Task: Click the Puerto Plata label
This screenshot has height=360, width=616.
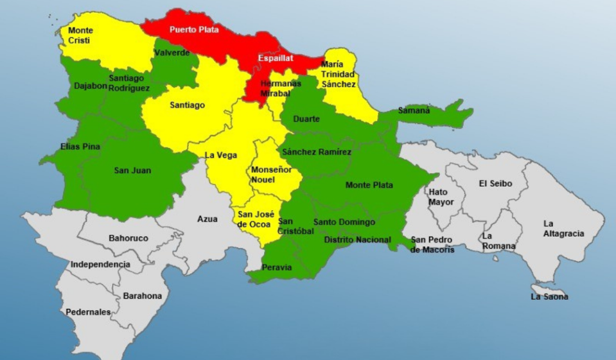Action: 194,29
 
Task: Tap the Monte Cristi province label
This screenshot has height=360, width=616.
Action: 81,35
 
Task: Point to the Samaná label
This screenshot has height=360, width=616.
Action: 414,110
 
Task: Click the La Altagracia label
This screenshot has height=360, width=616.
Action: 563,228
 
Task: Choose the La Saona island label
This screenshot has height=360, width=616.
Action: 549,297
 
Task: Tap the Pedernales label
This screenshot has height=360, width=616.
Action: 88,312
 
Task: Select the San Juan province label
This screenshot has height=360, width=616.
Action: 132,170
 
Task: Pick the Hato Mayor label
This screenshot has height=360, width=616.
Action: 441,197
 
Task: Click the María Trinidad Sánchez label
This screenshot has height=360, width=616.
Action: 338,74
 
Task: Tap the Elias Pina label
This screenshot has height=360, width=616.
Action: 80,146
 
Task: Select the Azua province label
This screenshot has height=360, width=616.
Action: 208,219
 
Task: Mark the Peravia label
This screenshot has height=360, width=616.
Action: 277,267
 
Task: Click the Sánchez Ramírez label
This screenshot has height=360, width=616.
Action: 316,152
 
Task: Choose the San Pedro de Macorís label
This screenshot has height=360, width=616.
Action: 432,244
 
